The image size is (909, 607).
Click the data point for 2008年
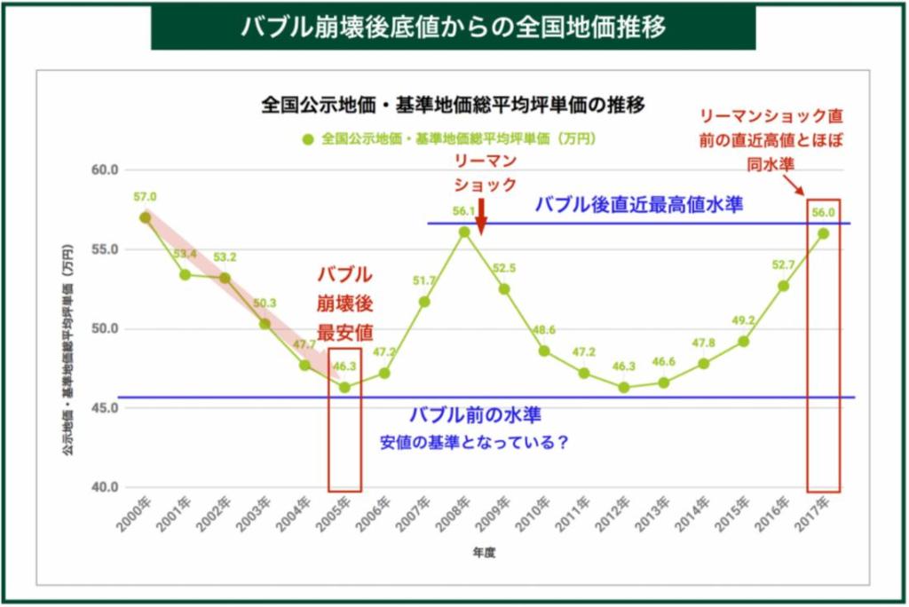tap(464, 232)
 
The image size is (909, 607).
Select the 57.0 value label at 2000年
tap(146, 197)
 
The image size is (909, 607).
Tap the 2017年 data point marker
tap(823, 233)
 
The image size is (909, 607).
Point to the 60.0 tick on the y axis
tap(105, 169)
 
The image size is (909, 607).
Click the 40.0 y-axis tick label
tap(105, 487)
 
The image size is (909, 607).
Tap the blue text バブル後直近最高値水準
tap(638, 204)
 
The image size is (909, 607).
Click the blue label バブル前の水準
tap(475, 414)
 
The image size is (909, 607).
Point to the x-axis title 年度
tap(484, 552)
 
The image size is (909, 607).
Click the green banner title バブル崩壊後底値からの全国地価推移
tap(454, 27)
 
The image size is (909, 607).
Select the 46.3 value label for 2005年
tap(344, 366)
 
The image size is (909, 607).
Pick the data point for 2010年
tap(544, 351)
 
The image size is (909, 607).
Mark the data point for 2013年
tap(663, 382)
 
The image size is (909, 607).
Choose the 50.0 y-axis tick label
tap(105, 328)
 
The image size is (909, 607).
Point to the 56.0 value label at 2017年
tap(823, 212)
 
